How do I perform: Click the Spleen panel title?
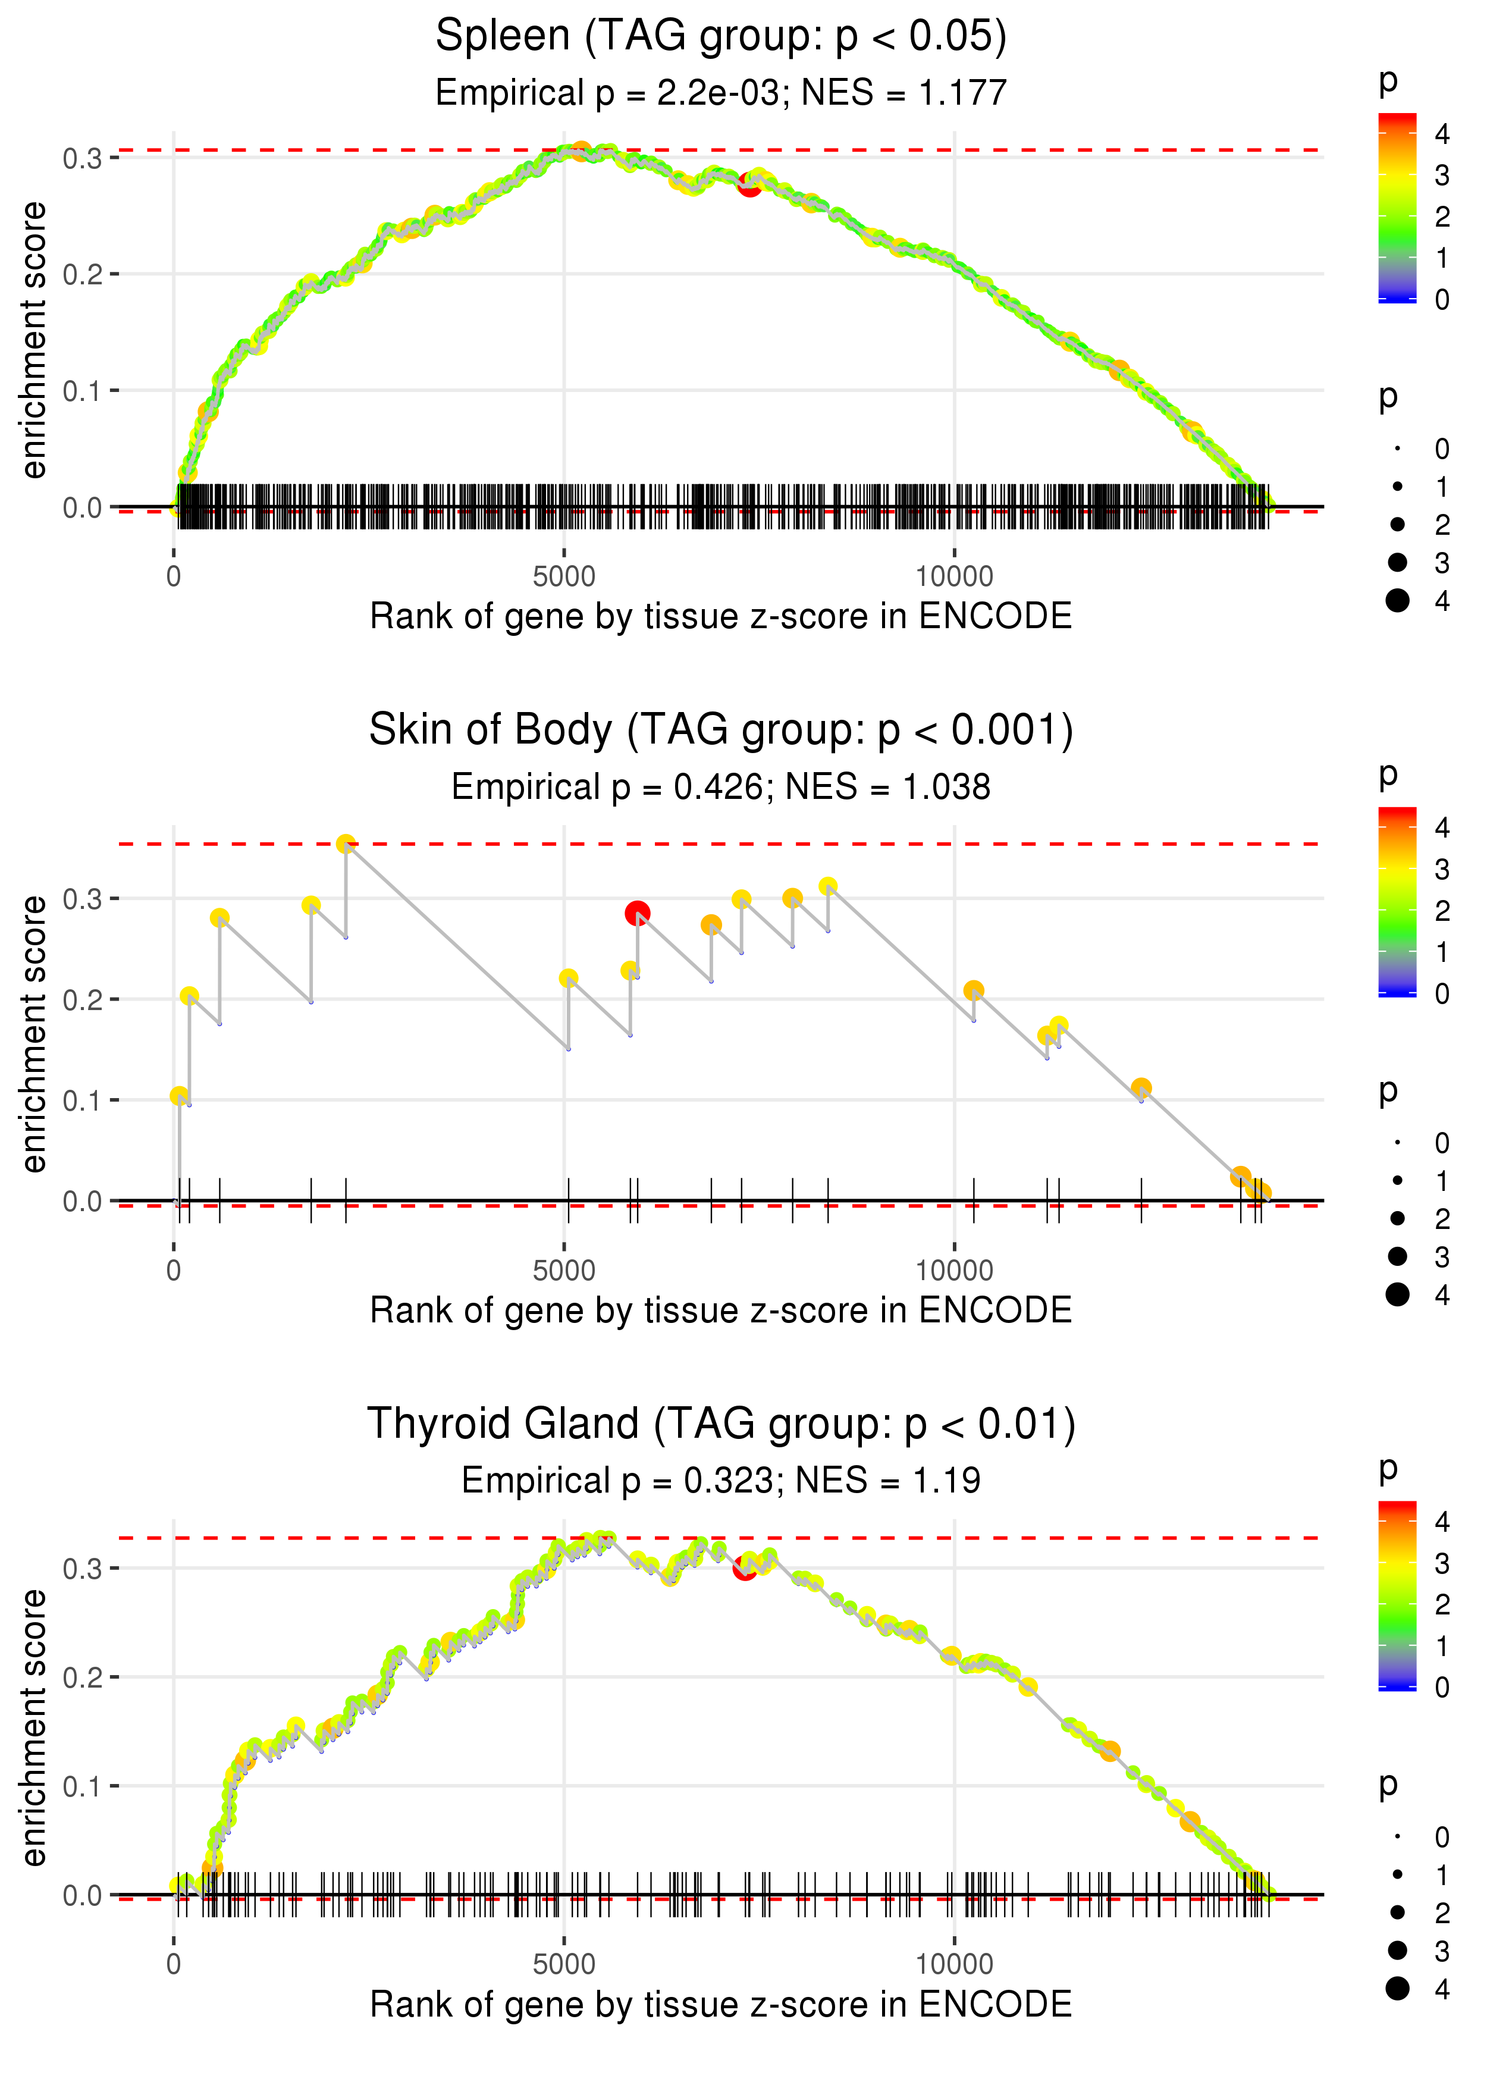pyautogui.click(x=721, y=37)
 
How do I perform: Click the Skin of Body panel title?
pyautogui.click(x=721, y=730)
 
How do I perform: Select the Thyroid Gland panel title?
pyautogui.click(x=721, y=1425)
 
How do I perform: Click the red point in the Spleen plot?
pyautogui.click(x=749, y=185)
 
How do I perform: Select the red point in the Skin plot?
pyautogui.click(x=637, y=913)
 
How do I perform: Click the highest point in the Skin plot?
pyautogui.click(x=345, y=844)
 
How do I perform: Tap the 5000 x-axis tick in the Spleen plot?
pyautogui.click(x=563, y=577)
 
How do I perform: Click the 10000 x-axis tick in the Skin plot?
pyautogui.click(x=954, y=1271)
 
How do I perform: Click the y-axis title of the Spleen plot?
pyautogui.click(x=34, y=341)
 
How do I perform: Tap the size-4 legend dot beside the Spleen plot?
pyautogui.click(x=1397, y=601)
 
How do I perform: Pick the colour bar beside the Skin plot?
pyautogui.click(x=1397, y=902)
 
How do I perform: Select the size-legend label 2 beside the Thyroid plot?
pyautogui.click(x=1442, y=1912)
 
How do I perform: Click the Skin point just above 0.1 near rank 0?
pyautogui.click(x=180, y=1096)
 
